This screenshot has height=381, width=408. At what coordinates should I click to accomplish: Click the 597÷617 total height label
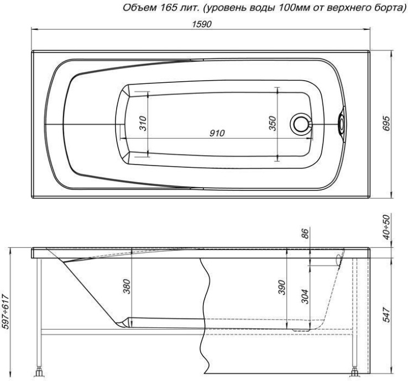(7, 310)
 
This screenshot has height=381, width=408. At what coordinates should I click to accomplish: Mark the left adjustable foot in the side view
(39, 373)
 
